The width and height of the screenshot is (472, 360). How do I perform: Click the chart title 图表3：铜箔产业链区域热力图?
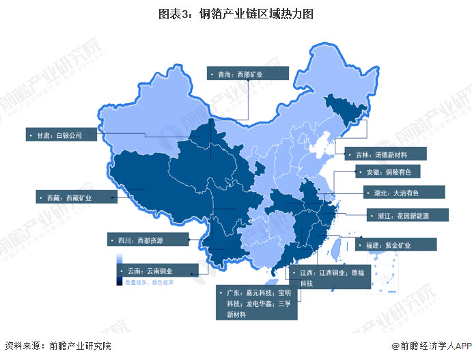236,13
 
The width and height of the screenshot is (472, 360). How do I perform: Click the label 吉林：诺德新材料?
385,154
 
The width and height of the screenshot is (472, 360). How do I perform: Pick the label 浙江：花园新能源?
407,215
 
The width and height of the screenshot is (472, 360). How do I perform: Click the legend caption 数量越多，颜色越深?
149,281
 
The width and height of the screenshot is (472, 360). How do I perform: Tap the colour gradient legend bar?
119,267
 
